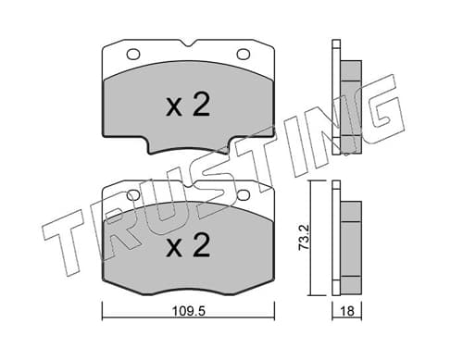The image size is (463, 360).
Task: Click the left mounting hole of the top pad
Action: click(x=133, y=55)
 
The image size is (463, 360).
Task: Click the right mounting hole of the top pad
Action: click(x=244, y=55)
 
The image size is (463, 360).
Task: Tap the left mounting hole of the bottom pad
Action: click(x=133, y=195)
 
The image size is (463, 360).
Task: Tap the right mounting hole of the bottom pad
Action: click(x=244, y=195)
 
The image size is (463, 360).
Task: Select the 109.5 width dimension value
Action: click(x=189, y=311)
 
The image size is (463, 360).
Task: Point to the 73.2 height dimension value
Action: click(x=304, y=237)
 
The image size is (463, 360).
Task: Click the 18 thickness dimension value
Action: click(x=347, y=311)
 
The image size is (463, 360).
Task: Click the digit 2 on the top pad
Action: click(x=201, y=105)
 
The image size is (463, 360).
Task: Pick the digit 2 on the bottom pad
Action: click(x=201, y=244)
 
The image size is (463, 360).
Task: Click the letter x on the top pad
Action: click(x=174, y=108)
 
